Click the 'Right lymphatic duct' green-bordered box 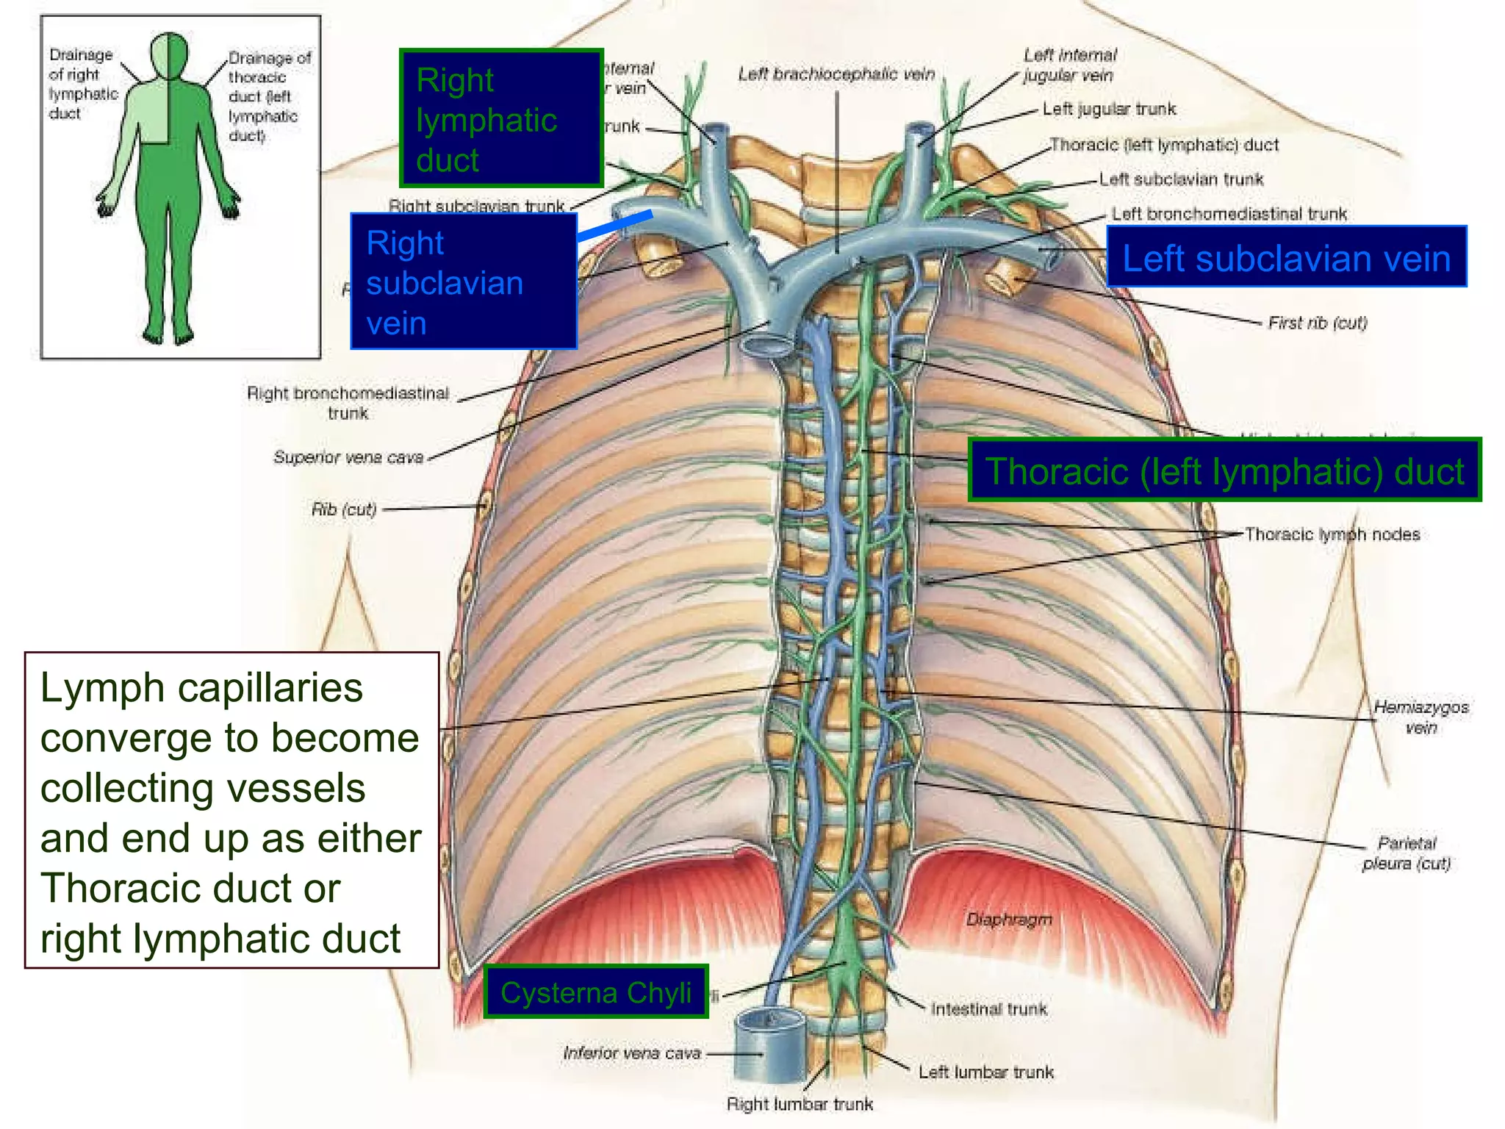(x=501, y=118)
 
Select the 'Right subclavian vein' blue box (x=464, y=282)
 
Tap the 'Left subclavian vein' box (x=1286, y=257)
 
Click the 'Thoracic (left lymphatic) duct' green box (x=1224, y=470)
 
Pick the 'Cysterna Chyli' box (x=596, y=992)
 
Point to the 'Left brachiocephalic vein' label (x=836, y=74)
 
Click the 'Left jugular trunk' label (x=1109, y=110)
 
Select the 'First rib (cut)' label (x=1318, y=323)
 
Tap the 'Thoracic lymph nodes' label (x=1332, y=534)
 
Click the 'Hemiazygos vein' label (x=1420, y=717)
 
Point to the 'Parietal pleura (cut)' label (x=1407, y=853)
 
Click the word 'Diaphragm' (x=1009, y=920)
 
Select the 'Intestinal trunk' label (x=989, y=1009)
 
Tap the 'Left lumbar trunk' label (x=985, y=1072)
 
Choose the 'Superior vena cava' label (x=348, y=457)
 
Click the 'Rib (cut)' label (x=344, y=509)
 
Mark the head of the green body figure (x=169, y=55)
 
